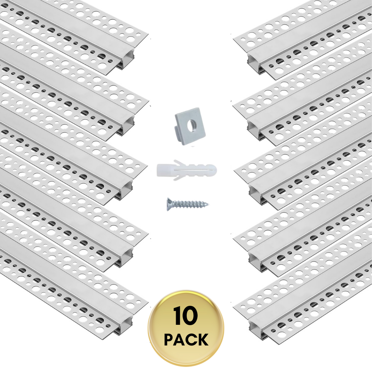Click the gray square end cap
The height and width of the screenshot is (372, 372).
pyautogui.click(x=190, y=126)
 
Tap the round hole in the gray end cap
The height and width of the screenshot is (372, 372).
pyautogui.click(x=191, y=125)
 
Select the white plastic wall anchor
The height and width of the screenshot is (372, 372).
pyautogui.click(x=186, y=170)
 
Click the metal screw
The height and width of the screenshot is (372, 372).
pyautogui.click(x=188, y=204)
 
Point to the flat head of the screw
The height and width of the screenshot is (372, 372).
pyautogui.click(x=169, y=204)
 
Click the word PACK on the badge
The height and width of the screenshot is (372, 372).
pyautogui.click(x=186, y=340)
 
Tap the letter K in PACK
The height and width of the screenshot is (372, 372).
pyautogui.click(x=203, y=340)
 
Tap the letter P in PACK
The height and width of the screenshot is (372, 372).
pyautogui.click(x=169, y=340)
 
